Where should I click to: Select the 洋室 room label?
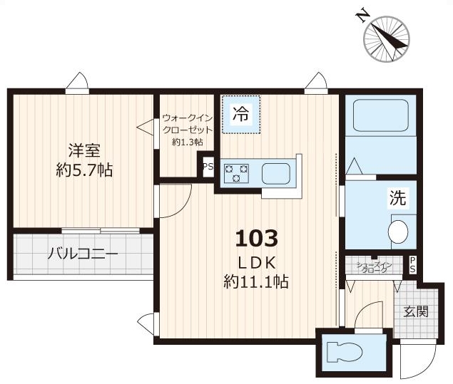[84, 150]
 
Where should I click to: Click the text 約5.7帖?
[84, 170]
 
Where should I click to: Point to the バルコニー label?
[83, 254]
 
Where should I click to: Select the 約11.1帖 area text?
[255, 281]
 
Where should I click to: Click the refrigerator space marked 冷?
[241, 114]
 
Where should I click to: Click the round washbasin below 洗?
[399, 232]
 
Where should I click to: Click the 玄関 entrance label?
[416, 311]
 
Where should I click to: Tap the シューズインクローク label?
[374, 267]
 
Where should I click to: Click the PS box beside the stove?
[208, 168]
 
